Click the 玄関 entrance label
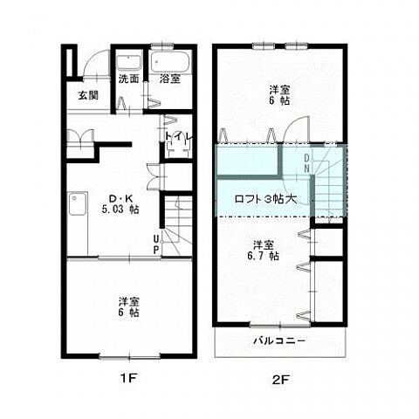(x=88, y=95)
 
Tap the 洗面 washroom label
(x=128, y=79)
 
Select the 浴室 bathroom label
(x=169, y=79)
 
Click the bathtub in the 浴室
(x=170, y=62)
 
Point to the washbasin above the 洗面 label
(x=128, y=62)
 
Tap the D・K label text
(x=120, y=199)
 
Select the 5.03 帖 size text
(x=120, y=209)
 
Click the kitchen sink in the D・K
(x=78, y=203)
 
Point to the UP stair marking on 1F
(x=156, y=244)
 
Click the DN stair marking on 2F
(x=306, y=163)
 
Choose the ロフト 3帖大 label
(x=265, y=199)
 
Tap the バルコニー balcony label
(x=279, y=340)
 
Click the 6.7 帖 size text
(x=263, y=256)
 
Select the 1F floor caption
(x=128, y=378)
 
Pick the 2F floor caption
(x=280, y=379)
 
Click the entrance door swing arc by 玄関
(x=93, y=58)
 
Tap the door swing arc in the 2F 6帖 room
(x=292, y=124)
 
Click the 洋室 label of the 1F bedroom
(x=128, y=300)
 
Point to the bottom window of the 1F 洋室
(x=129, y=356)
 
